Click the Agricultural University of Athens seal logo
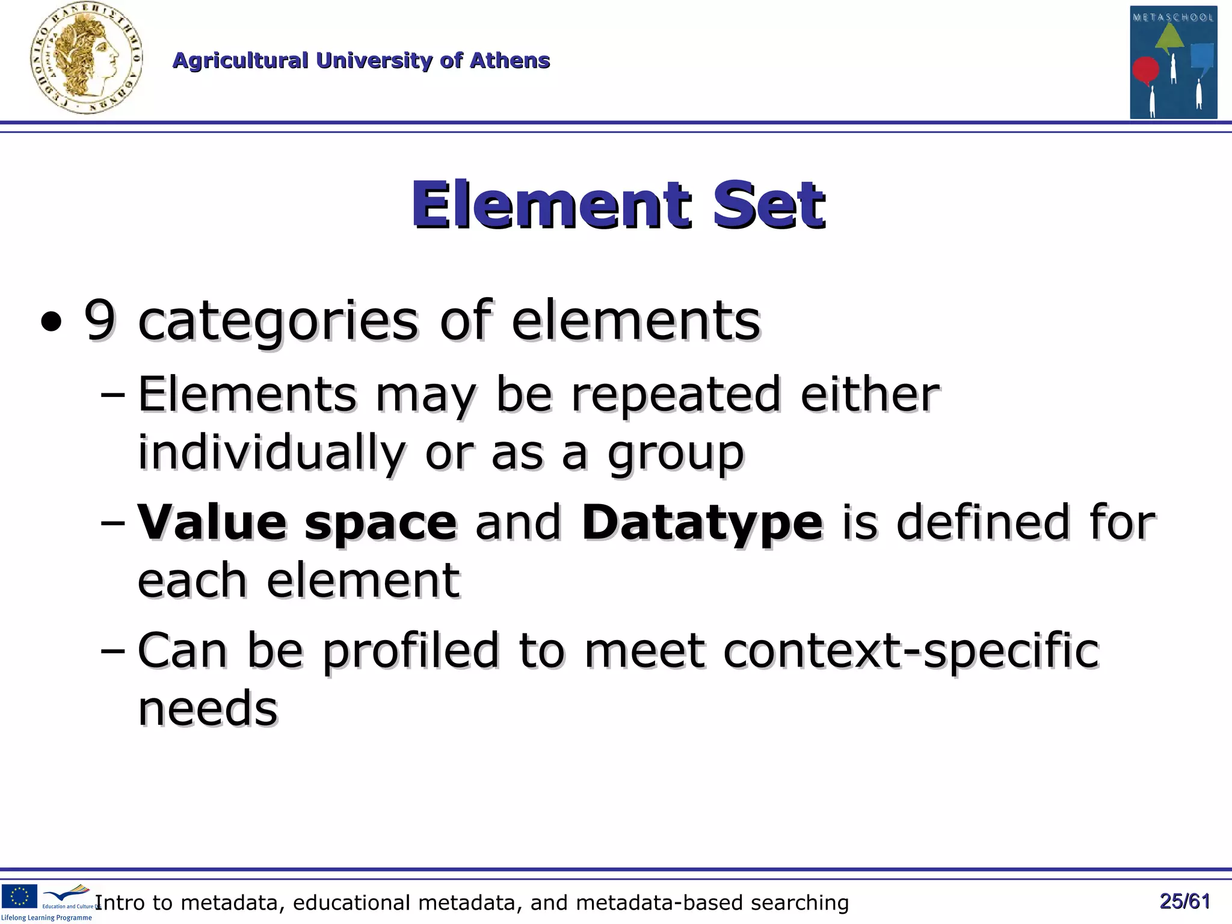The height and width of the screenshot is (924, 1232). tap(86, 58)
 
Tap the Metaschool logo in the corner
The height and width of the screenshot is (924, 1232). tap(1173, 62)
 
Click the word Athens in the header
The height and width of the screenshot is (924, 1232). tap(510, 60)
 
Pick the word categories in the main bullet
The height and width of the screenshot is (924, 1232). tap(278, 321)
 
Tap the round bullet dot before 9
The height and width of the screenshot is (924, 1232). tap(52, 322)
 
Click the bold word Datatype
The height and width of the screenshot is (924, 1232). tap(702, 522)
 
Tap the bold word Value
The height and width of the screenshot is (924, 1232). tap(212, 521)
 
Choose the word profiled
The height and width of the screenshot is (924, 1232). tap(411, 651)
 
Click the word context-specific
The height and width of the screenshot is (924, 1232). tap(911, 651)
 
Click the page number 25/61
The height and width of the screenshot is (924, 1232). tap(1184, 901)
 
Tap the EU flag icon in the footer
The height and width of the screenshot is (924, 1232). tap(19, 896)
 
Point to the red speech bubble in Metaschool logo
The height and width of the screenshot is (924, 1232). tap(1145, 70)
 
